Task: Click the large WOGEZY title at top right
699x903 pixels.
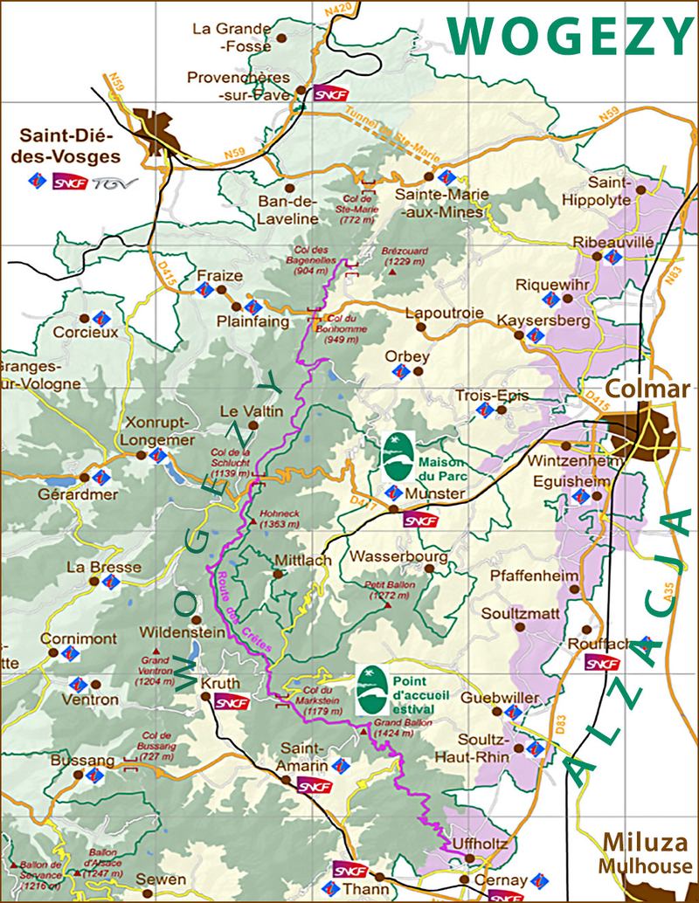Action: click(572, 37)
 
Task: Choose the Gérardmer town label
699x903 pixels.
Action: click(38, 494)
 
